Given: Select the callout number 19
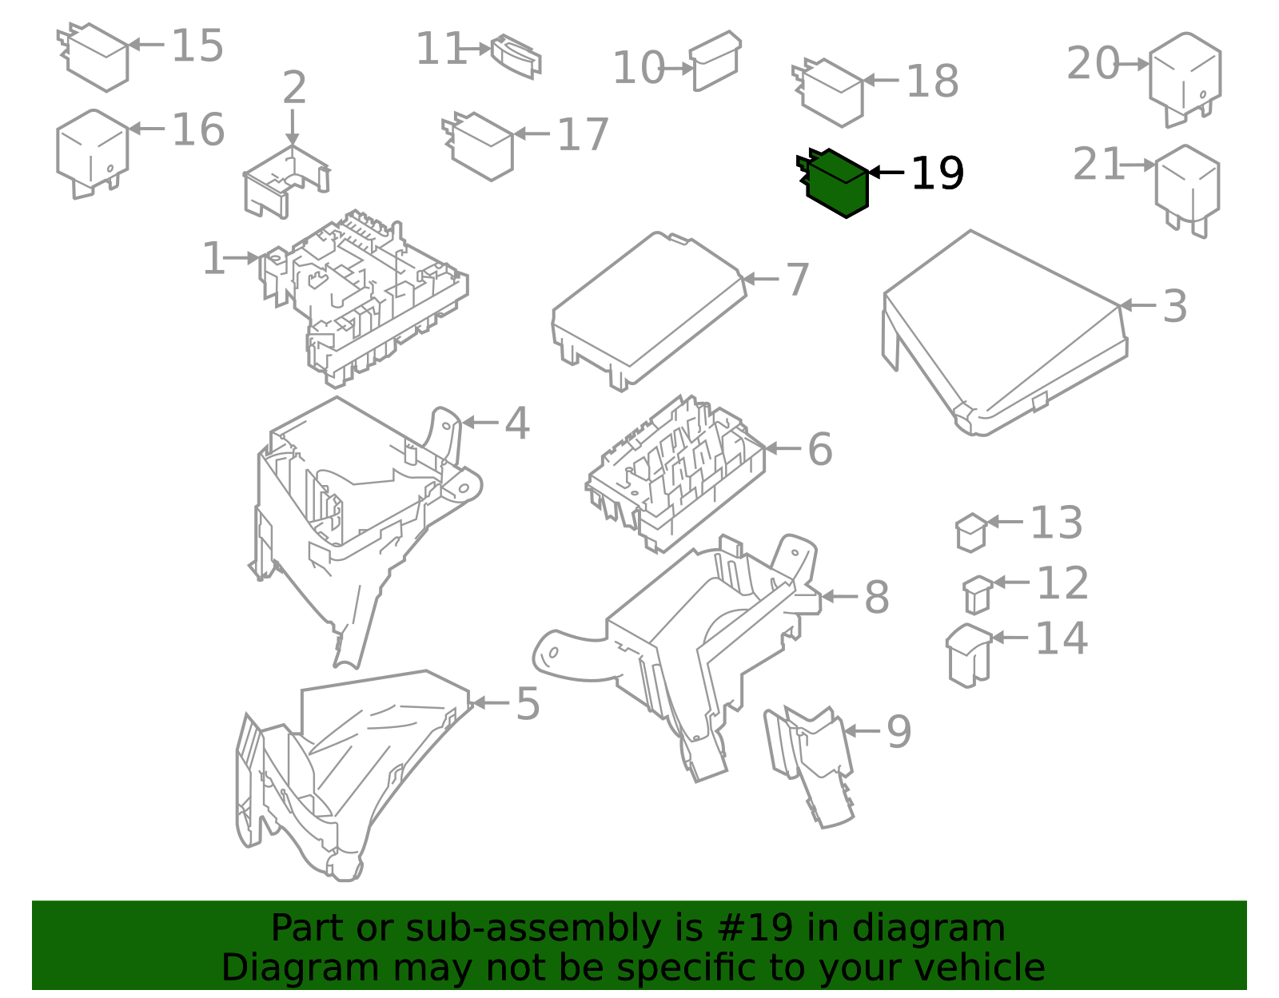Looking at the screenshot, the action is tap(937, 173).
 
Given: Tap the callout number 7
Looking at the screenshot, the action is tap(798, 280).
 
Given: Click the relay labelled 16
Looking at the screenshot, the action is tap(93, 153).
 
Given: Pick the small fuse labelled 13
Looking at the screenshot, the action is tap(971, 533).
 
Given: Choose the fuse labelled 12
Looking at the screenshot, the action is tap(978, 595).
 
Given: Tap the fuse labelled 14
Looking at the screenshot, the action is tap(969, 655).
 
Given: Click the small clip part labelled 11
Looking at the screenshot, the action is tap(516, 57).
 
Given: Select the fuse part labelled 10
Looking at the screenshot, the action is tap(715, 61).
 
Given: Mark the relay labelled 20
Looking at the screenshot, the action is tap(1185, 79).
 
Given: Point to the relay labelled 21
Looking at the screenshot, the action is tap(1187, 191).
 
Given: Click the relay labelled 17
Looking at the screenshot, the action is tap(478, 146).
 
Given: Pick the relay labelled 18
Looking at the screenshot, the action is tap(828, 93).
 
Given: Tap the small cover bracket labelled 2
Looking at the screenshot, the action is tap(287, 181).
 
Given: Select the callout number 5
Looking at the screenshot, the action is tap(528, 704).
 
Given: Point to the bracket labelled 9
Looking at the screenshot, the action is tap(809, 767).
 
